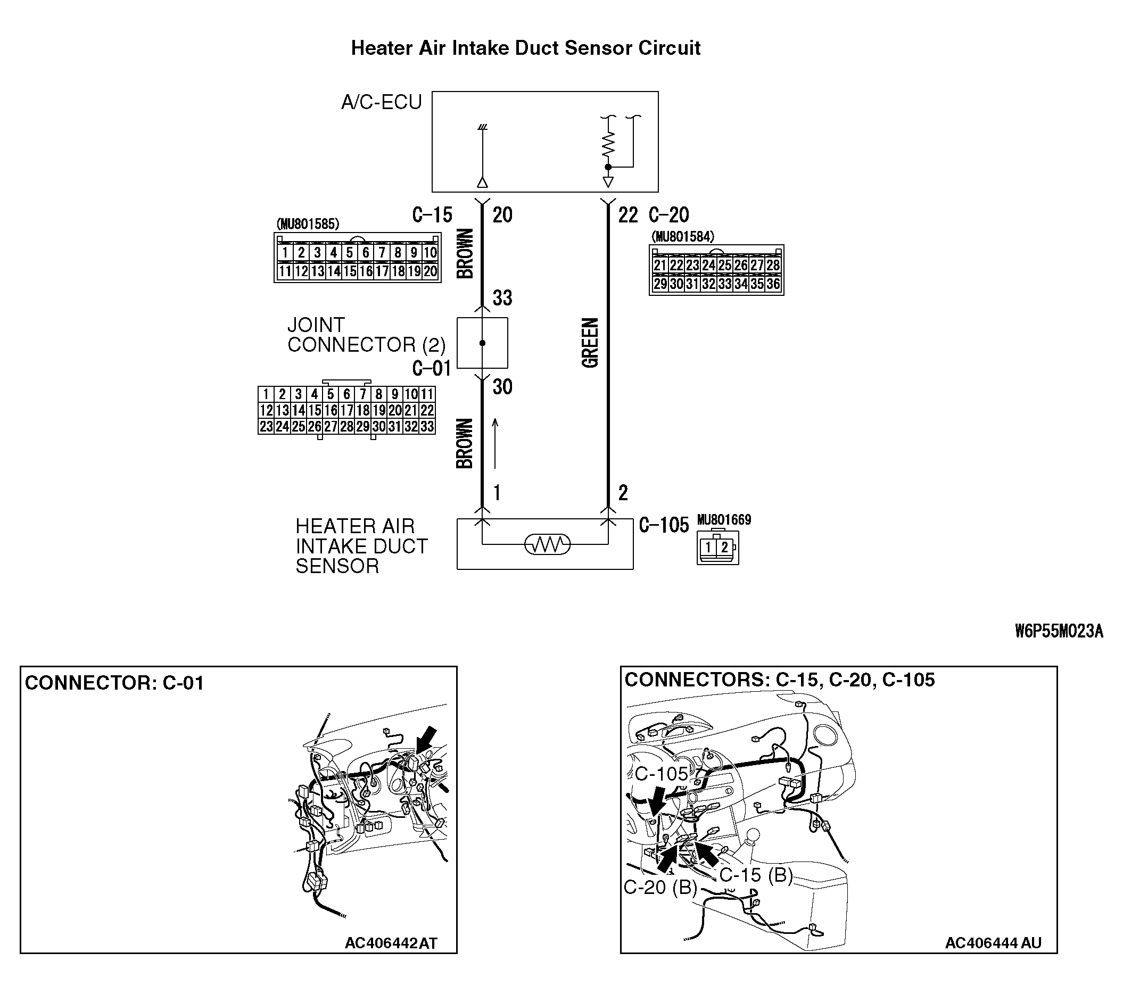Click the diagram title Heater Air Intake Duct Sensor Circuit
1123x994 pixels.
coord(525,48)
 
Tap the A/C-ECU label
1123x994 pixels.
coord(381,102)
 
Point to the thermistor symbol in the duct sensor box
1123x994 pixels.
coord(547,544)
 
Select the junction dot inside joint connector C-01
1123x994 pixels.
coord(482,343)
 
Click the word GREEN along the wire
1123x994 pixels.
coord(590,343)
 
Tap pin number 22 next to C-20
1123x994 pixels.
coord(627,215)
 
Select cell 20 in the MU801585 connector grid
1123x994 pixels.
coord(430,271)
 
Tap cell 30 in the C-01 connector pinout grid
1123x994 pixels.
coord(378,427)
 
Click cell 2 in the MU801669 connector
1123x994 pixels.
coord(725,547)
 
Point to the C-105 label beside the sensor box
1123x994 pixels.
coord(664,526)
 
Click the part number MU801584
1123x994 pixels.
coord(683,237)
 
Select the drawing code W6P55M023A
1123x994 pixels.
coord(1058,632)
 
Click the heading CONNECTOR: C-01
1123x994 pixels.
coord(114,683)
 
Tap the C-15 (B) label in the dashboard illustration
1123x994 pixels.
coord(756,874)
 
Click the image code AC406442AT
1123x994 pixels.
coord(391,943)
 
